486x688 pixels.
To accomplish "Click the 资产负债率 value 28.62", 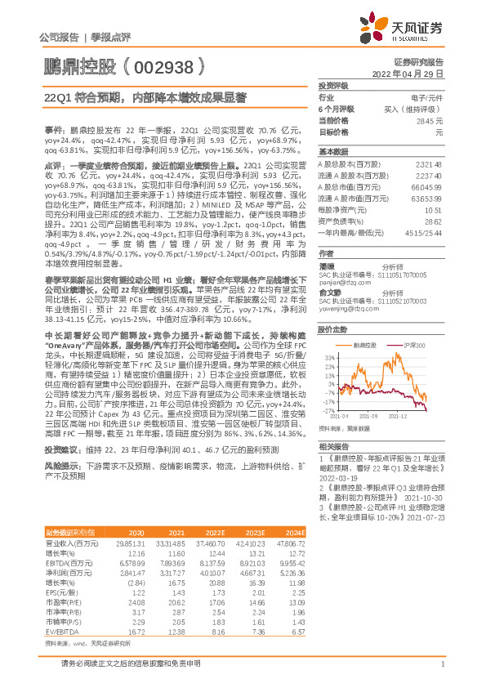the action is (x=433, y=221).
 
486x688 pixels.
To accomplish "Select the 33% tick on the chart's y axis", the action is (x=329, y=358).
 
